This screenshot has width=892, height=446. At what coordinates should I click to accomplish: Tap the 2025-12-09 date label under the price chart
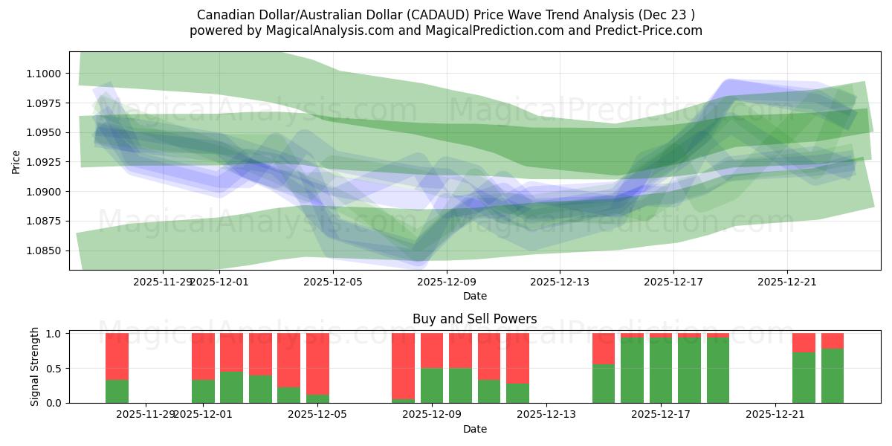pyautogui.click(x=447, y=282)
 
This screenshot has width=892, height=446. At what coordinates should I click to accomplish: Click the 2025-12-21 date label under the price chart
pyautogui.click(x=787, y=282)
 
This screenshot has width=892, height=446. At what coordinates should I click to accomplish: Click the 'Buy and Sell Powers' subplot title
pyautogui.click(x=474, y=319)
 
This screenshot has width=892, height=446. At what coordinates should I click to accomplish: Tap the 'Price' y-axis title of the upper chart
pyautogui.click(x=16, y=162)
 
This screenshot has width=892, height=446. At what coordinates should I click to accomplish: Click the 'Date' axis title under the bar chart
pyautogui.click(x=474, y=429)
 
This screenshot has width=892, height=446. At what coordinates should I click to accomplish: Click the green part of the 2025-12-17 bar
pyautogui.click(x=661, y=370)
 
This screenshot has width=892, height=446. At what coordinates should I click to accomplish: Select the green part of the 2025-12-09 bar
pyautogui.click(x=432, y=385)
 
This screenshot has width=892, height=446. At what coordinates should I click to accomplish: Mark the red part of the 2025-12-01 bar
pyautogui.click(x=203, y=356)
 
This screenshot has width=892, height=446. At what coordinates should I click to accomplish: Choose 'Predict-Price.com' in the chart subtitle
pyautogui.click(x=651, y=30)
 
